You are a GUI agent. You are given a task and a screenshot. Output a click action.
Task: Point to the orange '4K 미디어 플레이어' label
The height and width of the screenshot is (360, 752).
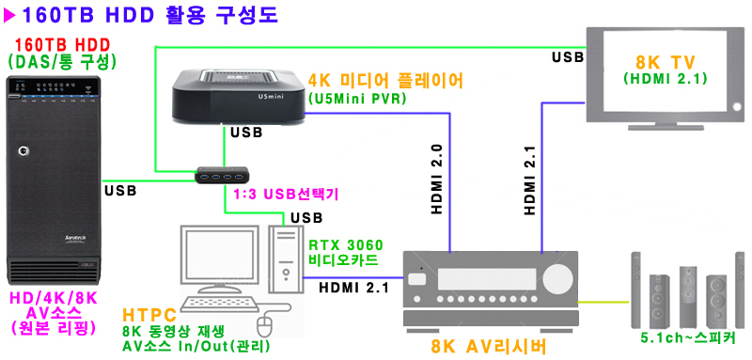pyautogui.click(x=385, y=81)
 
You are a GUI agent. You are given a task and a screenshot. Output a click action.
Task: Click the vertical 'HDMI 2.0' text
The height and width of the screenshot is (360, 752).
pyautogui.click(x=437, y=180)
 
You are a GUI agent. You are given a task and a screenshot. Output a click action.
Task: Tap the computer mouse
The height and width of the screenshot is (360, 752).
pyautogui.click(x=266, y=324)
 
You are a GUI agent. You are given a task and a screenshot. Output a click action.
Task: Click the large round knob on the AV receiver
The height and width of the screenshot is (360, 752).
pyautogui.click(x=561, y=277)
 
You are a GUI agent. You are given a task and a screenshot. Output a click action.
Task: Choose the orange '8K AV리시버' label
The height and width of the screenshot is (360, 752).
pyautogui.click(x=488, y=346)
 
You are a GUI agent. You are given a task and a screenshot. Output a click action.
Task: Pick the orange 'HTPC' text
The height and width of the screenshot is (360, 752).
pyautogui.click(x=151, y=316)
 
